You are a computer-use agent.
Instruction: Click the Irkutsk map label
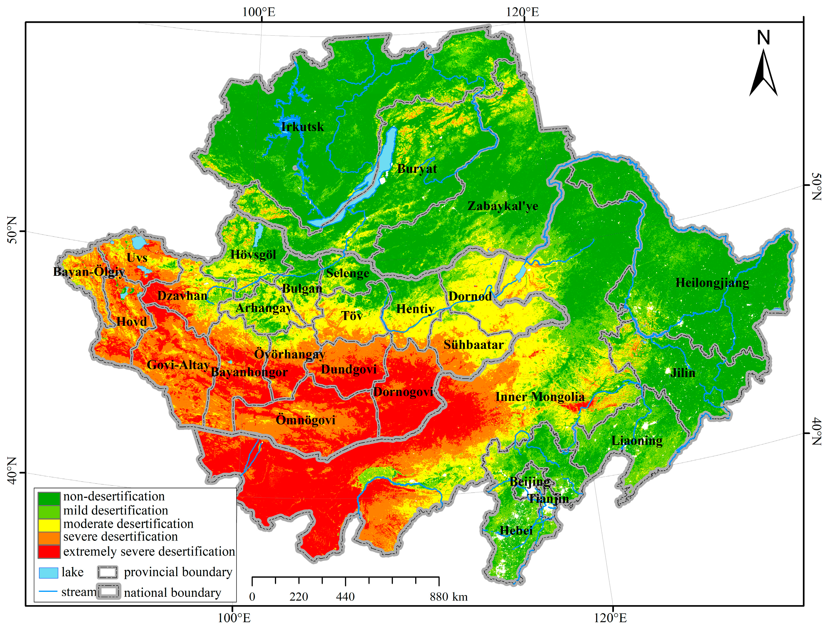pos(302,127)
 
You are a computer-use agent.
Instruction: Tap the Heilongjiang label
pos(712,283)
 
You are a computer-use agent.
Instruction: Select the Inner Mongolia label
pos(539,397)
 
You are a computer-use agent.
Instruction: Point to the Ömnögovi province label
pos(305,420)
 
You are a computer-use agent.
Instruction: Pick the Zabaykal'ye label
pos(503,206)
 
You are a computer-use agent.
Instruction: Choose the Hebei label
pos(516,531)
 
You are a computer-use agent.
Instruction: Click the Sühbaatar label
pos(473,345)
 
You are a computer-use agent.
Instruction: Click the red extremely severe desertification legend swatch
pos(49,551)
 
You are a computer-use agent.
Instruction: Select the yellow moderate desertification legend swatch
pos(49,524)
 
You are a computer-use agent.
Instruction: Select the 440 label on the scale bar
pos(345,597)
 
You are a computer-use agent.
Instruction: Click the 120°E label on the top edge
pos(522,12)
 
